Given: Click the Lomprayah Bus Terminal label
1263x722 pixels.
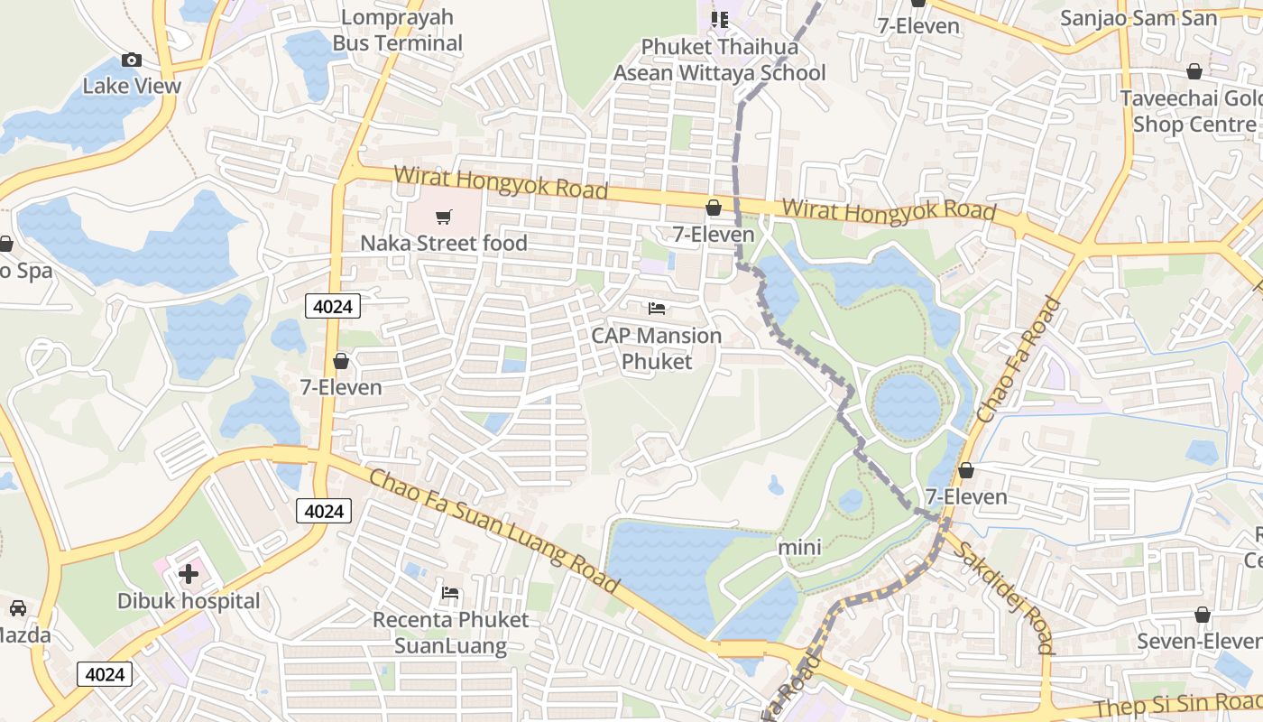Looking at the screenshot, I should tap(397, 30).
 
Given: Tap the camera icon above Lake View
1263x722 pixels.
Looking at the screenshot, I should tap(132, 60).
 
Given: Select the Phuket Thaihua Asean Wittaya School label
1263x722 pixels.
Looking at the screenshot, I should tap(719, 60).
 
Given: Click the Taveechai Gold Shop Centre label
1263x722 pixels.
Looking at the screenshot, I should tap(1191, 111).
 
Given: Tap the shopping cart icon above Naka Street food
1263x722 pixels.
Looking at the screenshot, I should tap(443, 218).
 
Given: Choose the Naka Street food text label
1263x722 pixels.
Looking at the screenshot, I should tap(443, 243).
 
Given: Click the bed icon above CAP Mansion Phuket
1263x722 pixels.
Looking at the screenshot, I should tap(657, 309).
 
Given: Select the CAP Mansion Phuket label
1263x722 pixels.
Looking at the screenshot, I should tap(656, 348).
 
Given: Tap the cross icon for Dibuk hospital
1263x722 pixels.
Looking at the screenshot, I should tap(189, 574).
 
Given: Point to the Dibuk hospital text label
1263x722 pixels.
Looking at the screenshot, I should tap(189, 601).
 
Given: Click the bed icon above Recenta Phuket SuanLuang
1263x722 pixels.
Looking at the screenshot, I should tap(450, 593).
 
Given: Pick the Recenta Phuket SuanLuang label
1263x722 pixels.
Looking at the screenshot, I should tap(450, 633).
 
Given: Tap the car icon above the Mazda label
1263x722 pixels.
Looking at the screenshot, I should tap(17, 608).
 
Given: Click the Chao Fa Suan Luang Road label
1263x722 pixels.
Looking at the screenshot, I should tap(493, 530).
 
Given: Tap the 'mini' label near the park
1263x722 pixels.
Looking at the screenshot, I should tap(799, 547).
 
